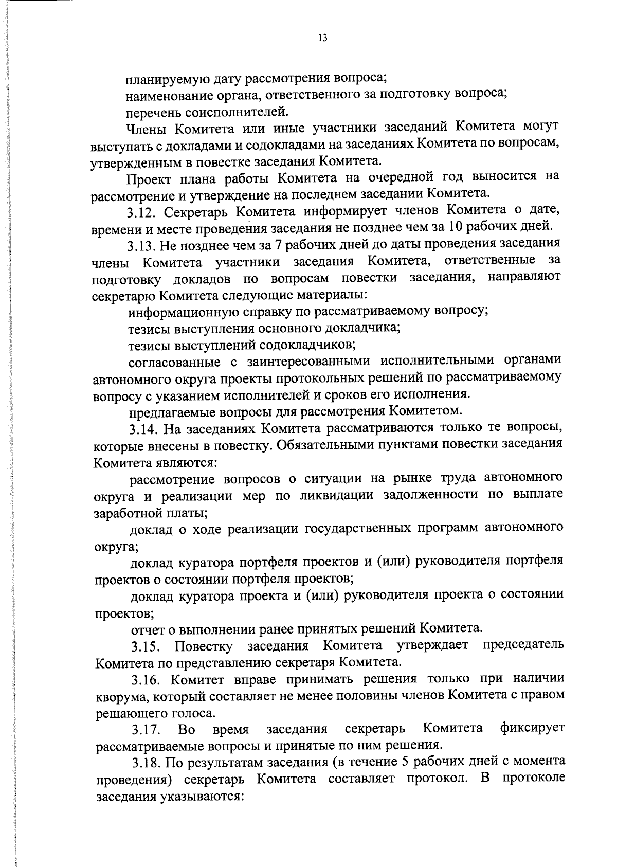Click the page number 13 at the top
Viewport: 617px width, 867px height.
pyautogui.click(x=323, y=38)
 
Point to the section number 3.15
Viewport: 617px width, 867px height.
pyautogui.click(x=146, y=646)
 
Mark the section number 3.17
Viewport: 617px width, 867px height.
pyautogui.click(x=146, y=730)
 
